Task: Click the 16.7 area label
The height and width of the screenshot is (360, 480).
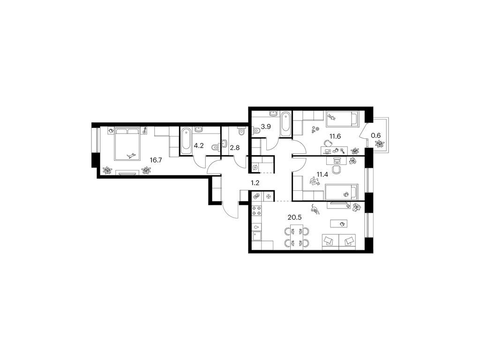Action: [x=156, y=160]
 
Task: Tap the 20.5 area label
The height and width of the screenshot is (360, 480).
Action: [x=294, y=217]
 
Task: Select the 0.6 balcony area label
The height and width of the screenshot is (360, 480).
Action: [x=375, y=135]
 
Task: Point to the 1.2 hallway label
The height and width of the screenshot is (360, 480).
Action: [x=255, y=183]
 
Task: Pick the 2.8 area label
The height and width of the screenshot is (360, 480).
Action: [x=234, y=148]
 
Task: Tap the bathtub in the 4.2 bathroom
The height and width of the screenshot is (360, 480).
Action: [x=186, y=141]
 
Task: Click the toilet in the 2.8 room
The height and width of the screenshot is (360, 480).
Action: [x=241, y=131]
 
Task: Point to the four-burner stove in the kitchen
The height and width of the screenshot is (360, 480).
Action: [x=256, y=210]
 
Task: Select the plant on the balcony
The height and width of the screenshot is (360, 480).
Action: [x=380, y=144]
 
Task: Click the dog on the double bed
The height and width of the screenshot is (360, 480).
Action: [x=132, y=156]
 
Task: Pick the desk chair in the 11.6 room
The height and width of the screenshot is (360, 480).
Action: [x=328, y=142]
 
